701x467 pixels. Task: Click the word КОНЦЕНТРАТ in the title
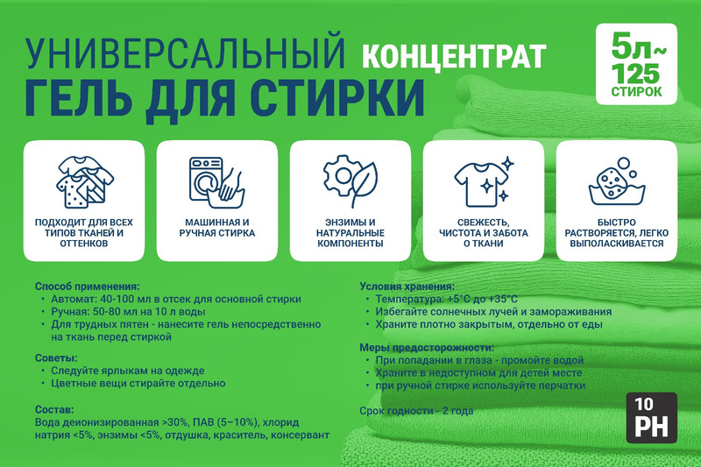[x=454, y=56]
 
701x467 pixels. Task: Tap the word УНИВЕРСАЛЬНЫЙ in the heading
[x=185, y=54]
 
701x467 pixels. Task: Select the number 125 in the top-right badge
[x=636, y=74]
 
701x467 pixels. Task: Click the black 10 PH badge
[x=651, y=417]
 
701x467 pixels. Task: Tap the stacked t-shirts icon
[x=84, y=182]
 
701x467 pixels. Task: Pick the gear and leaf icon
[x=350, y=181]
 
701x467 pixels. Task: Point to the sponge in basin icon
[x=617, y=182]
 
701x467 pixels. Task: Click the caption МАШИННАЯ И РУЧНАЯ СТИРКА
[x=217, y=228]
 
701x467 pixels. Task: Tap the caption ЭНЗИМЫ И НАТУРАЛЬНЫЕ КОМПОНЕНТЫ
[x=350, y=233]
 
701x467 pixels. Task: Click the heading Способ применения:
[x=87, y=287]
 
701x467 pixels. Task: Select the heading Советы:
[x=56, y=358]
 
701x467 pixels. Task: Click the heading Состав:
[x=54, y=410]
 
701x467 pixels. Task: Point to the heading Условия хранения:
[x=407, y=287]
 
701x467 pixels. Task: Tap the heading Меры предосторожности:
[x=427, y=348]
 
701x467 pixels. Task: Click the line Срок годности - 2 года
[x=416, y=411]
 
